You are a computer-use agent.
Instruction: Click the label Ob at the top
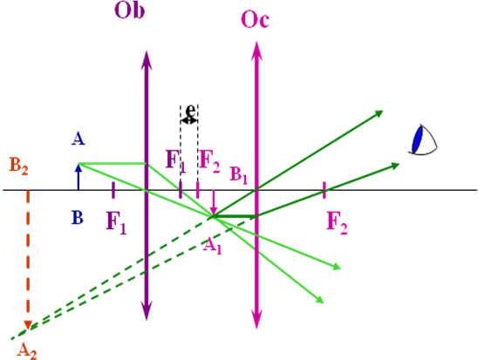(129, 10)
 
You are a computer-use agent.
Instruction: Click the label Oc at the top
(256, 19)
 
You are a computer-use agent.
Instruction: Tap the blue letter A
(79, 139)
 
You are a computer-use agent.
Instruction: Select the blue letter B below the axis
(78, 217)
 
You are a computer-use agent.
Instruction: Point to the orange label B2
(18, 166)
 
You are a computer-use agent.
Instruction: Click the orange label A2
(27, 351)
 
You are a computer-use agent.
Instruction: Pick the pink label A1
(212, 246)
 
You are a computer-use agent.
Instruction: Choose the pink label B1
(238, 175)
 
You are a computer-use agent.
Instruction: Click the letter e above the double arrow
(190, 110)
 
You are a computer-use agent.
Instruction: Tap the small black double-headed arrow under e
(189, 120)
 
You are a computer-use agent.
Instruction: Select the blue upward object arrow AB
(79, 177)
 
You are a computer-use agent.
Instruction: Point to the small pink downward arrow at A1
(214, 202)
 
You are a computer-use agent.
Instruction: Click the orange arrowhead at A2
(28, 324)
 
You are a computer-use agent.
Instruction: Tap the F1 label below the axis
(117, 223)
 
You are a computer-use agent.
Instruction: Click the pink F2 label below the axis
(338, 223)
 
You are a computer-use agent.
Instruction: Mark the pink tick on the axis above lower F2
(324, 190)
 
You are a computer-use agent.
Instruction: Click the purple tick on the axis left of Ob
(113, 190)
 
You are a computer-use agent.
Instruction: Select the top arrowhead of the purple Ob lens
(147, 58)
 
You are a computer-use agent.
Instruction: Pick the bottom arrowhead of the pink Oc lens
(256, 321)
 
